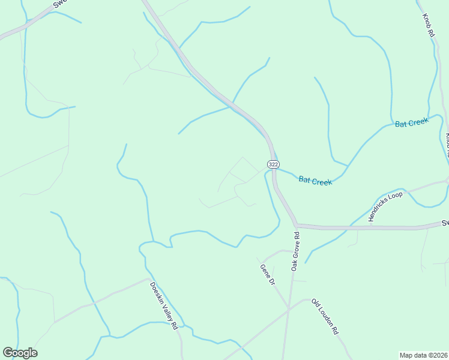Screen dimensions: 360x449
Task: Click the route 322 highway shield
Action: click(273, 164)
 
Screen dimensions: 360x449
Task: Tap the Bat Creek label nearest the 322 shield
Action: click(315, 180)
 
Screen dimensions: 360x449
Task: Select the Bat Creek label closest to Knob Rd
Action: click(412, 122)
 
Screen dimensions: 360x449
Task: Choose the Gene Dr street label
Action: click(267, 275)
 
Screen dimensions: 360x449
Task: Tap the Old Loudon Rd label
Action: click(325, 317)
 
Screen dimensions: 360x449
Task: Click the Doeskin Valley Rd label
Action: click(164, 305)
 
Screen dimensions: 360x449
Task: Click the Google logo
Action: click(20, 353)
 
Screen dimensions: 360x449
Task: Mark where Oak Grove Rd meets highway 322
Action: click(297, 226)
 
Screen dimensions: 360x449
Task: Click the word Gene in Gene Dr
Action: click(264, 271)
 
